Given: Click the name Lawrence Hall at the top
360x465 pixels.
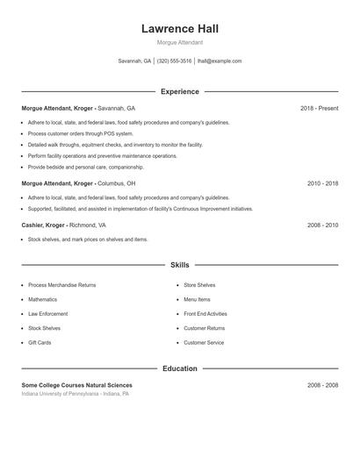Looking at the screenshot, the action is (179, 28).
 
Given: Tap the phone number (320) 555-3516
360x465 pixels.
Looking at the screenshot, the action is (175, 61).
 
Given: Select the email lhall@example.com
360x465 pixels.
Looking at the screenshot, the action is (220, 61).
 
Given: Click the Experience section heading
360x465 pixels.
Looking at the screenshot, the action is (179, 91).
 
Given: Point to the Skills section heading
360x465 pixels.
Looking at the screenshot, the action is (179, 265).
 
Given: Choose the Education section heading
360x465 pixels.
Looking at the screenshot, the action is (179, 368).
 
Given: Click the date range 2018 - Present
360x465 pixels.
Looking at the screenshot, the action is (319, 108).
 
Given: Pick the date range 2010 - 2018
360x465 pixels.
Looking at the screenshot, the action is (322, 183).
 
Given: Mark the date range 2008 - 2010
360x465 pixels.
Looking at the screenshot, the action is (322, 225).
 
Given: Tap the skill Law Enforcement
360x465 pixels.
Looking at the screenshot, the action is (47, 314).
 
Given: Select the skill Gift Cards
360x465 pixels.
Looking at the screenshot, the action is (40, 342).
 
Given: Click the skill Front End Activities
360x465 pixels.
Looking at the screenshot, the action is (205, 314).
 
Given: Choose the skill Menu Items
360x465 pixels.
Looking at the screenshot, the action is (197, 300).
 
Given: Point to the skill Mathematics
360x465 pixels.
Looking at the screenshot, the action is (44, 300).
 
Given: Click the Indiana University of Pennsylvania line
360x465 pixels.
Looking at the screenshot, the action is (76, 394).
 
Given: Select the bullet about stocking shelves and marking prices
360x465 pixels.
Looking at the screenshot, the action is (88, 240).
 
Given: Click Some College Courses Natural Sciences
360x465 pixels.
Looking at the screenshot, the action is (77, 385).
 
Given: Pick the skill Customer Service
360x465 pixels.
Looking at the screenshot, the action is (204, 342).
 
